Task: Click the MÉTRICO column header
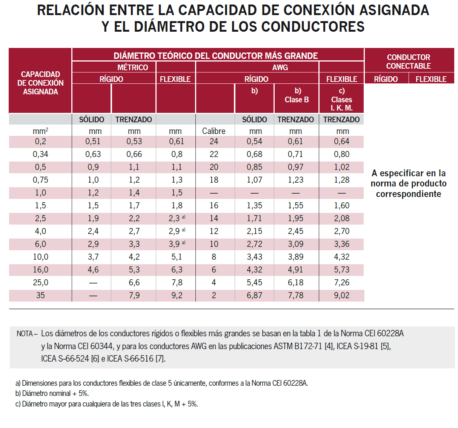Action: pos(132,68)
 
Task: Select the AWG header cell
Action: pos(280,68)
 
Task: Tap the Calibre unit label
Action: pos(214,131)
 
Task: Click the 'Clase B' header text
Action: pos(297,100)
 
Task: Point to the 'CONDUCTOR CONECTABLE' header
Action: pos(409,62)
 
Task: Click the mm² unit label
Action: pos(40,131)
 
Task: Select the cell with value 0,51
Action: pos(93,142)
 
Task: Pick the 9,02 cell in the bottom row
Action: pos(341,295)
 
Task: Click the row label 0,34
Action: pos(40,154)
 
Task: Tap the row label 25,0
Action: pos(40,282)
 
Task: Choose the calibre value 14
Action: pos(214,218)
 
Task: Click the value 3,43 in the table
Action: pos(254,257)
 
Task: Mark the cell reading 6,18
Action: pos(295,282)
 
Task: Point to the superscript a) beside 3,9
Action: pos(184,242)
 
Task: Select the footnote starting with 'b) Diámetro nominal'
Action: pos(52,393)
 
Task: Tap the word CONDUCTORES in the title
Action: pos(313,26)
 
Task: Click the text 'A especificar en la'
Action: pos(409,173)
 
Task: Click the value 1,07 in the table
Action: pos(254,180)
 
